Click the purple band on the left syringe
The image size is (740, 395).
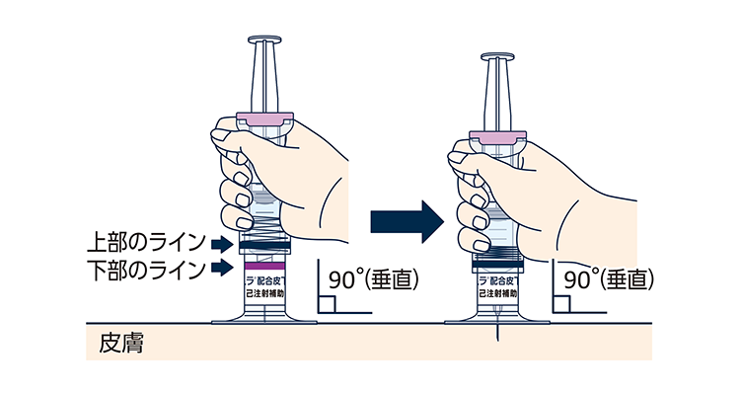point(263,267)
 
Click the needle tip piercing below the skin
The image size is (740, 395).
point(498,334)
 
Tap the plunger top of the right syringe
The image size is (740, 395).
point(498,58)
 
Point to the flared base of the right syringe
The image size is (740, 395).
point(498,316)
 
